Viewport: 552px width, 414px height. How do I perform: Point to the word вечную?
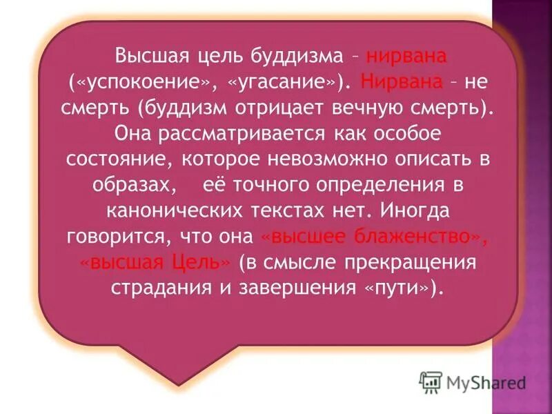pyautogui.click(x=393, y=109)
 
